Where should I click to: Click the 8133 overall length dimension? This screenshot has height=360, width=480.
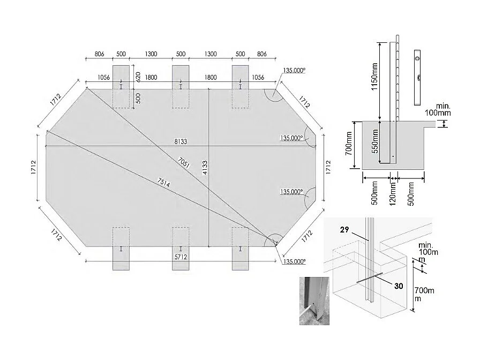pyautogui.click(x=181, y=142)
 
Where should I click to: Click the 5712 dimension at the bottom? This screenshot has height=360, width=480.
pyautogui.click(x=181, y=257)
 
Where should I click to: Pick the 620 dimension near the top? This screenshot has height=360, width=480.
pyautogui.click(x=138, y=77)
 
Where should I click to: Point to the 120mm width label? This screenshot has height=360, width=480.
pyautogui.click(x=393, y=193)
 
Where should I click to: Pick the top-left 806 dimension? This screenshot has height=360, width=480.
pyautogui.click(x=99, y=55)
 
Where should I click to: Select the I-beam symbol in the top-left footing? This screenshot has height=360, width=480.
pyautogui.click(x=121, y=86)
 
